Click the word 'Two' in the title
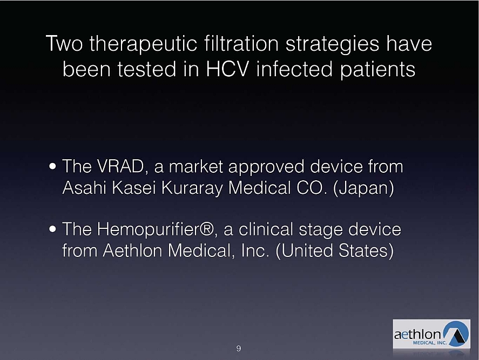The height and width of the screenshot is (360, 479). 64,43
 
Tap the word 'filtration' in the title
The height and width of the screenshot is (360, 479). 241,43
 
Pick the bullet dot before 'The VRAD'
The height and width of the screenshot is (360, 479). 52,167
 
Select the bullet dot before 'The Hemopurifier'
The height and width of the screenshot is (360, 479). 52,229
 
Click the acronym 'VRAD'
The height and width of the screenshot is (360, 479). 120,166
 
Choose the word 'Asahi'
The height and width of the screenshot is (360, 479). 84,187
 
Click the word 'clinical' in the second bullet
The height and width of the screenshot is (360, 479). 266,229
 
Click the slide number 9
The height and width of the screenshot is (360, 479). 239,349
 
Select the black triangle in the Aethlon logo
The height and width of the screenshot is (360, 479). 457,336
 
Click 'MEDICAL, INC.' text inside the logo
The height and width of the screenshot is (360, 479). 430,343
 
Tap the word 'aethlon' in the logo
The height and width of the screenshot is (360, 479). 417,334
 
